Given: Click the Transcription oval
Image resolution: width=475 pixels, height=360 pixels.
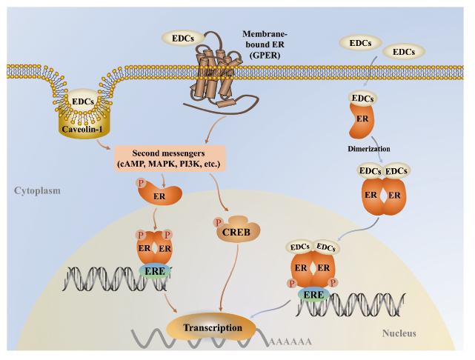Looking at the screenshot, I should tap(213, 327).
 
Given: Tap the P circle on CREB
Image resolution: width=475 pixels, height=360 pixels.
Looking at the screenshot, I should tap(218, 222).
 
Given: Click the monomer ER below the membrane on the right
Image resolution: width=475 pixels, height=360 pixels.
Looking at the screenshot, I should tap(363, 121).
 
